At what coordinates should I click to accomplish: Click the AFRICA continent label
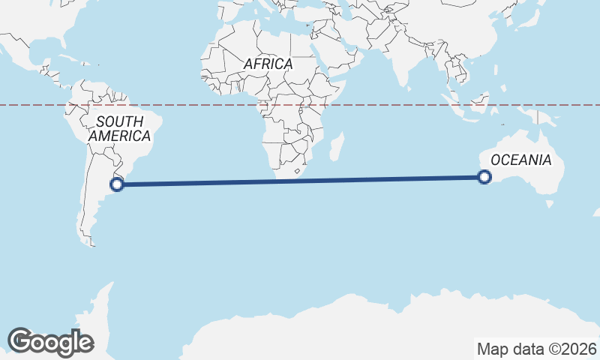coord(268,64)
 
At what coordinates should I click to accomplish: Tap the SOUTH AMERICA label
coord(119,128)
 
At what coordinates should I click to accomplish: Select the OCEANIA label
coord(520,160)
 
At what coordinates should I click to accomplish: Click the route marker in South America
coord(118,184)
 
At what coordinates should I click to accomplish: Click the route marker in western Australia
coord(484,177)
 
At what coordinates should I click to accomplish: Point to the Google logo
coord(50,342)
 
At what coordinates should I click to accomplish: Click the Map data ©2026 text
coord(536,349)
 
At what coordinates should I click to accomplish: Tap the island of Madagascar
coord(337,146)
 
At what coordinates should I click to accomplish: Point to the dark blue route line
coord(300,180)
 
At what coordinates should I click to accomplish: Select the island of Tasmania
coord(550,202)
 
